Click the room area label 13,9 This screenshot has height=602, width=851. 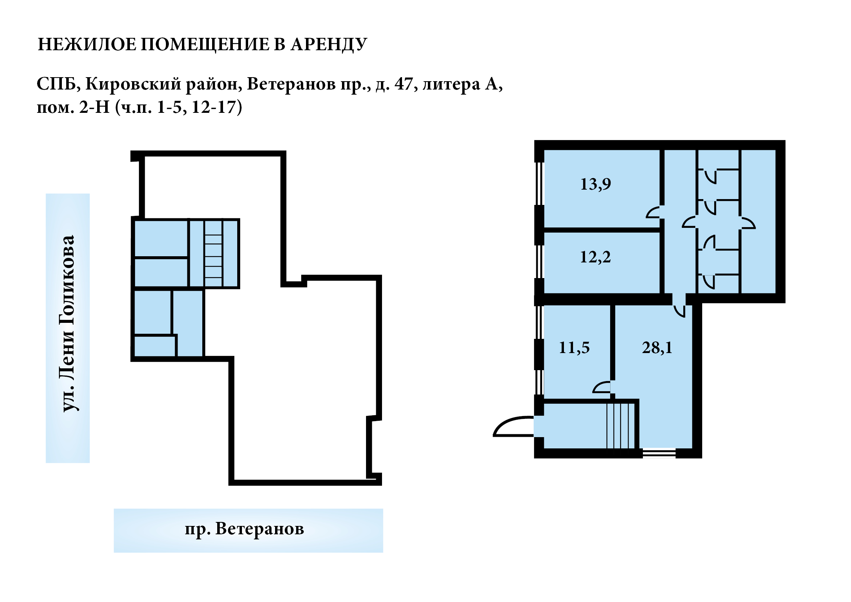(x=595, y=184)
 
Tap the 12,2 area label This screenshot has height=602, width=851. (x=595, y=257)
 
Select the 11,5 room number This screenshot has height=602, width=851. (x=574, y=348)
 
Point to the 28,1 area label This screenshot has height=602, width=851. (x=657, y=348)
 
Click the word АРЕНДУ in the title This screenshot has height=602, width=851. (x=329, y=45)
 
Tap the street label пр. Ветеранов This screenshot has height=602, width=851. (x=244, y=529)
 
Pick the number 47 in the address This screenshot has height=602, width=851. (x=403, y=84)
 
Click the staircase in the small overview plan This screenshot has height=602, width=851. (x=213, y=254)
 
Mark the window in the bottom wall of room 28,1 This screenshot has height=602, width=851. (x=659, y=453)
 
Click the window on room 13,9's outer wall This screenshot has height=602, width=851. (x=539, y=183)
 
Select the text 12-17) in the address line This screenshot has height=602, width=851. (x=217, y=107)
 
